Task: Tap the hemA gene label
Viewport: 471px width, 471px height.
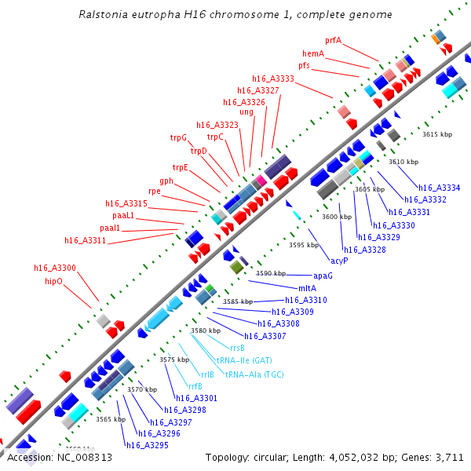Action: pyautogui.click(x=313, y=53)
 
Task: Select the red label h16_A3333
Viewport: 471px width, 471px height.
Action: pyautogui.click(x=272, y=78)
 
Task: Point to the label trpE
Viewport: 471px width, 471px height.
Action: pyautogui.click(x=181, y=167)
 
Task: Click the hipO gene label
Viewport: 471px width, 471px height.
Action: pyautogui.click(x=53, y=279)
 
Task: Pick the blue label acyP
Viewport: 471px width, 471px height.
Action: pyautogui.click(x=339, y=260)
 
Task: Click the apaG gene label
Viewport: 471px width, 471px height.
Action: pyautogui.click(x=323, y=276)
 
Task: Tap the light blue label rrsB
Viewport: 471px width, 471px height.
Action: pyautogui.click(x=237, y=347)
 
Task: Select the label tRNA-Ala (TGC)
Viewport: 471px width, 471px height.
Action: pyautogui.click(x=254, y=374)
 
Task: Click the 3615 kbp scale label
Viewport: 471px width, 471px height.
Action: pyautogui.click(x=437, y=134)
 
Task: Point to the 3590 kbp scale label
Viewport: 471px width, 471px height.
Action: pyautogui.click(x=271, y=273)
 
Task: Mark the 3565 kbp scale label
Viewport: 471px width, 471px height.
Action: pyautogui.click(x=111, y=419)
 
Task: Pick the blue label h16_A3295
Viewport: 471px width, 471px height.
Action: pyautogui.click(x=148, y=445)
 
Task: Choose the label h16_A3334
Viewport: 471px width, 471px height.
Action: pyautogui.click(x=439, y=188)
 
